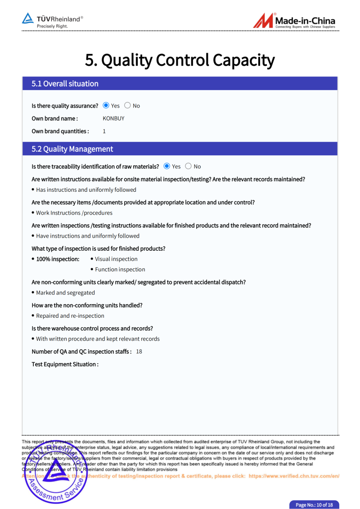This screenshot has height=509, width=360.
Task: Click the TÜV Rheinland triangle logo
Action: (28, 19)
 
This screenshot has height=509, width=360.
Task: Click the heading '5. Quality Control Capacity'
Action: (180, 60)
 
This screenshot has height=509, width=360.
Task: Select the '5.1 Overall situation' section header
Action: (65, 84)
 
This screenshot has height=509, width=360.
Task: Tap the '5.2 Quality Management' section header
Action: (72, 149)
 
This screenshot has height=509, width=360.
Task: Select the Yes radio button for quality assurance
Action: (106, 105)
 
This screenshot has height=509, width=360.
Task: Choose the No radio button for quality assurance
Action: (127, 105)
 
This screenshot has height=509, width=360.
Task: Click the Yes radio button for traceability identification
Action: (167, 166)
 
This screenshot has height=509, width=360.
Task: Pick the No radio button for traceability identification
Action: (188, 166)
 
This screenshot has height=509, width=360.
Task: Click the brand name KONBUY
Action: (113, 118)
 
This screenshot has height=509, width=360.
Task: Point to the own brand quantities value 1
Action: (104, 131)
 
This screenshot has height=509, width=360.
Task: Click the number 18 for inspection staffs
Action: (139, 351)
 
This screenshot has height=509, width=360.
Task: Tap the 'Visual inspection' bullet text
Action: (116, 259)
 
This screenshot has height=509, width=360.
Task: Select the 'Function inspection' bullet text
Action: (120, 270)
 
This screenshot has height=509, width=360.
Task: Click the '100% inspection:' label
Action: (58, 259)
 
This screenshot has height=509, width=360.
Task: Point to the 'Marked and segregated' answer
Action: (65, 293)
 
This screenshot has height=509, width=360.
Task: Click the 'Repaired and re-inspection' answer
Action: (70, 316)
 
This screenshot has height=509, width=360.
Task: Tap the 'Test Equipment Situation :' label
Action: (65, 364)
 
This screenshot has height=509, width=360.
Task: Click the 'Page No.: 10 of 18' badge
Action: (314, 505)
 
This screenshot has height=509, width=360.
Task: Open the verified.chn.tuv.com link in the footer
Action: (293, 476)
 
